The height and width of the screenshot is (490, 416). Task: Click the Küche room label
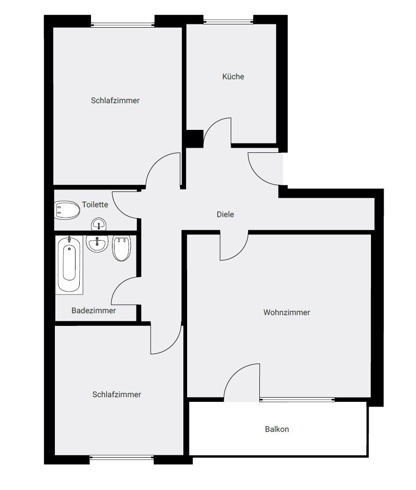click(233, 76)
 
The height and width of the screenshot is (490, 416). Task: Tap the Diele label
click(225, 214)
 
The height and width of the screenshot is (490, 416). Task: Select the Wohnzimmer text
click(287, 312)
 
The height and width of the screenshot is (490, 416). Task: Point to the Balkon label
click(277, 429)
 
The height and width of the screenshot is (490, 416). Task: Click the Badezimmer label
click(94, 310)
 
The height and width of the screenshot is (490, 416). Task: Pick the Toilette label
click(95, 204)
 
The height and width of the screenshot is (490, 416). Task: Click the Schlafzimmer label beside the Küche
click(115, 100)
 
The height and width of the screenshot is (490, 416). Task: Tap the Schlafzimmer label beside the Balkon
click(117, 395)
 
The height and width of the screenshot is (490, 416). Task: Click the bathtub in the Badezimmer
click(69, 264)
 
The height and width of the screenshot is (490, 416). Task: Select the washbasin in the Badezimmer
click(98, 243)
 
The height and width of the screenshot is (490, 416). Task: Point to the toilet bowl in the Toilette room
click(67, 210)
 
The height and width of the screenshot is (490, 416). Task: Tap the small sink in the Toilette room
click(98, 225)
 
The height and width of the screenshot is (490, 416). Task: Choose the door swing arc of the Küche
click(217, 131)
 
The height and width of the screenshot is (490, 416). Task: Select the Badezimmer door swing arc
click(123, 291)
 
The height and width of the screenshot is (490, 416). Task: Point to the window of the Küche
click(228, 21)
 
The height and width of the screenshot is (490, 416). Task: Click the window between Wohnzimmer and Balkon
click(297, 400)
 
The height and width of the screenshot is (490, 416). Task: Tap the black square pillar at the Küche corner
click(193, 139)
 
